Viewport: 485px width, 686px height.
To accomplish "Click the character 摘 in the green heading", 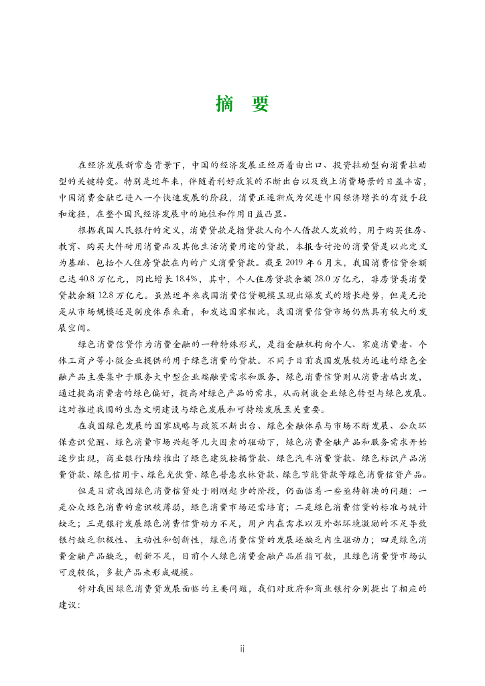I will point(224,104).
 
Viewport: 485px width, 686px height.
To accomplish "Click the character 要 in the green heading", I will point(259,104).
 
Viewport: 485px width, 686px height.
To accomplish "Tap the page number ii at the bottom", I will point(242,648).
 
